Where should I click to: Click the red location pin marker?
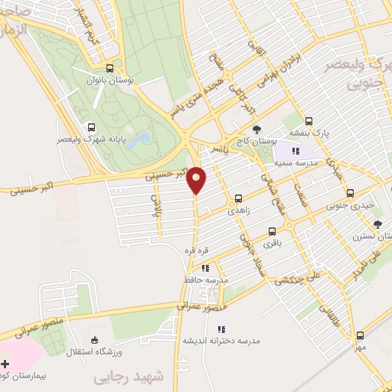pos(197,179)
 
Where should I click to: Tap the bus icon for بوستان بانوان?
pos(110,67)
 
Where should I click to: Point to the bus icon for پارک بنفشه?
pos(309,121)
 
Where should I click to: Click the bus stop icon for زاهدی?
pos(239,198)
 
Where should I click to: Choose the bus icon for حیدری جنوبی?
pos(351,193)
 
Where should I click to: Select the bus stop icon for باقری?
pos(272,231)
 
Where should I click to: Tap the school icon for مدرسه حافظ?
pos(205,268)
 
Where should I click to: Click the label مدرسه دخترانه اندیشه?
pos(221,338)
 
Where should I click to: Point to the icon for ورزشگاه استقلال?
pos(94,340)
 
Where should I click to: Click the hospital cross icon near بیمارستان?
pos(6,362)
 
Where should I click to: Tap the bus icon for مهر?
pos(361,335)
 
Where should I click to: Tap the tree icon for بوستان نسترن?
pos(377,224)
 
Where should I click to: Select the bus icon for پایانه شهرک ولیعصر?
pos(91,128)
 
